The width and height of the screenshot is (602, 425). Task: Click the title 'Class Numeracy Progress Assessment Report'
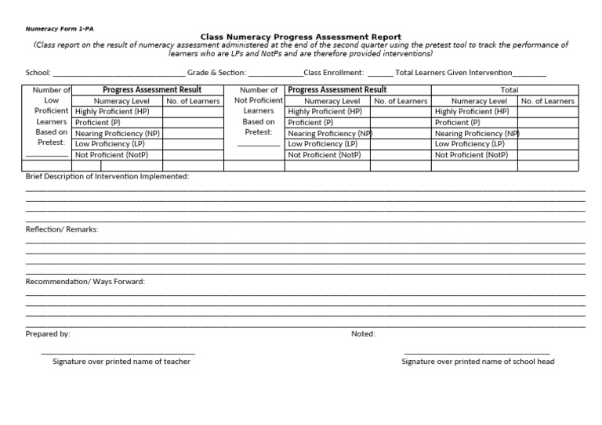[301, 37]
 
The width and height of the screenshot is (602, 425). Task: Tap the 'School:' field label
[38, 73]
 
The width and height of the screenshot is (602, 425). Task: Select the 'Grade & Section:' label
[216, 73]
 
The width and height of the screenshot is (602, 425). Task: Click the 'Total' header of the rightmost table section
[510, 90]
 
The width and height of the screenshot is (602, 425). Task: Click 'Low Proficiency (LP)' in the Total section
[470, 144]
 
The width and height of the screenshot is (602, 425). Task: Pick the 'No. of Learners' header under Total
[547, 101]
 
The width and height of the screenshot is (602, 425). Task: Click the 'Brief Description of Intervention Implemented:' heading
[107, 176]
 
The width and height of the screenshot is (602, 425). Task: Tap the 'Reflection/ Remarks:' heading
[62, 229]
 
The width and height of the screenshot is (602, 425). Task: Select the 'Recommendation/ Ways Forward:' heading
[85, 281]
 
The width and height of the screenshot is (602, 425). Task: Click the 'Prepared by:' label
[48, 333]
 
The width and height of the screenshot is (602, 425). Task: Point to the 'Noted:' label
[363, 333]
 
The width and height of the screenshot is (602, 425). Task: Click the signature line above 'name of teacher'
[118, 354]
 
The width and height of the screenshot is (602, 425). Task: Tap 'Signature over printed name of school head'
[478, 362]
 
